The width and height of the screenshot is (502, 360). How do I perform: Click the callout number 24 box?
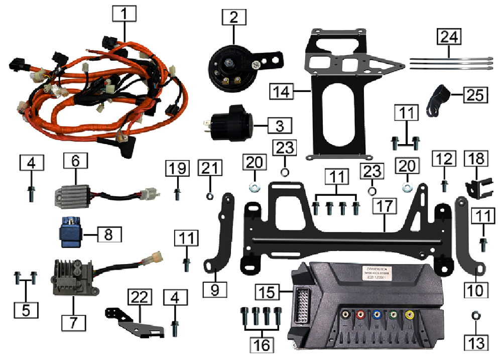click(x=448, y=37)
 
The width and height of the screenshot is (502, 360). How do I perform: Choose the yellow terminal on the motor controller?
click(x=411, y=316)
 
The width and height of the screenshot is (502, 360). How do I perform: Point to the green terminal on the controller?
click(x=394, y=316)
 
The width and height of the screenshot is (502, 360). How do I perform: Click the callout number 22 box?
click(x=140, y=297)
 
